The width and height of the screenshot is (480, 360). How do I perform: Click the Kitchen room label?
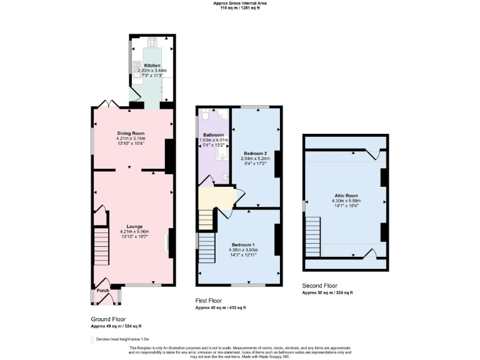point(152,66)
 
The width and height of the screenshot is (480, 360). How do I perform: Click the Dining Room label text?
point(131,132)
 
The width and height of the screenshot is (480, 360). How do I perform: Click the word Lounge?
point(134,226)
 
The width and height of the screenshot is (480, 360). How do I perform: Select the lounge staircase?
point(102,246)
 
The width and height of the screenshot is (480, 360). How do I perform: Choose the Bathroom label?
point(214,134)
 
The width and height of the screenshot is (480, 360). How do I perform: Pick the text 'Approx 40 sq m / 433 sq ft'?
point(221,308)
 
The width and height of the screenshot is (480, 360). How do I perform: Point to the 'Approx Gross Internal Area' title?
point(240,3)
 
